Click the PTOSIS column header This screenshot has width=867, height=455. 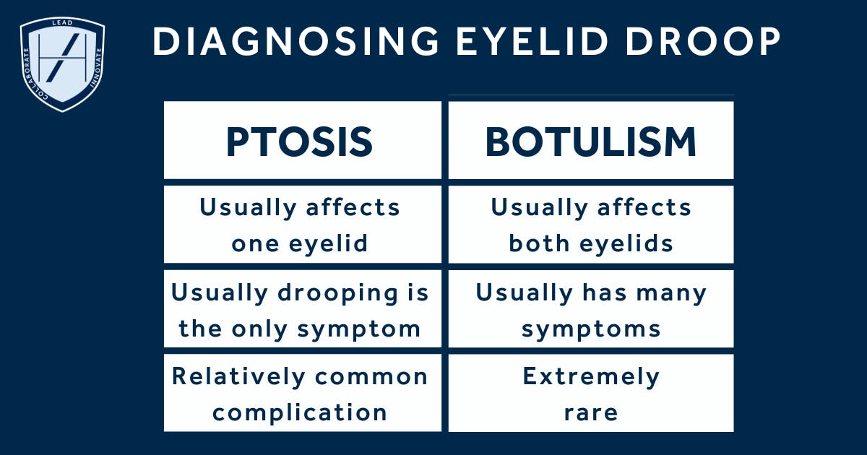point(299,142)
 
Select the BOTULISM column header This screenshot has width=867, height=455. point(591,142)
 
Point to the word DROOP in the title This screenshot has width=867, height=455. point(703,41)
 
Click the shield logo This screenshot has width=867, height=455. point(62,64)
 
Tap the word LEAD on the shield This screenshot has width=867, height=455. point(62,23)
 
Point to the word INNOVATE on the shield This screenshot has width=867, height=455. point(96,68)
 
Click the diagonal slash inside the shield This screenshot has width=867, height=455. point(62,58)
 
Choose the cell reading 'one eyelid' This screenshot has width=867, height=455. point(299,244)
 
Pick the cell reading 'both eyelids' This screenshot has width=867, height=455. point(591,244)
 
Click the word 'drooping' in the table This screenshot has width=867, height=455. point(338,293)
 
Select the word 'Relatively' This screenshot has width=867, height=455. point(238,376)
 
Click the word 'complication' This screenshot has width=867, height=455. point(300,412)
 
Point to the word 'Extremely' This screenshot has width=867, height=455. point(591,376)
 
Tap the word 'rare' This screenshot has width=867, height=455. point(591,413)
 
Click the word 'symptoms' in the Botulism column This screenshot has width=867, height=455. point(591,329)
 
